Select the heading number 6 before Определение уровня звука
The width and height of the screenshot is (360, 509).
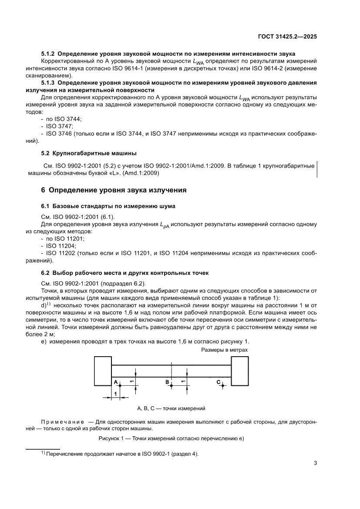tap(43, 190)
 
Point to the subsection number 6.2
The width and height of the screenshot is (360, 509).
tap(46, 273)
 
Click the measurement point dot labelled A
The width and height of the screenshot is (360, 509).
tap(116, 385)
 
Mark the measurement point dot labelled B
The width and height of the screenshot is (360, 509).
tap(172, 385)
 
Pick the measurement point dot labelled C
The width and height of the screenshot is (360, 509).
tap(222, 385)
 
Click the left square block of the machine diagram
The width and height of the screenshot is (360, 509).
tap(103, 371)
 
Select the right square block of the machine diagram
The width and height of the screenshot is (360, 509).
tap(241, 371)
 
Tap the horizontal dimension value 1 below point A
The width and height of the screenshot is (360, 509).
tap(115, 394)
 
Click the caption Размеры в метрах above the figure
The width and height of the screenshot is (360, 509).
tap(225, 350)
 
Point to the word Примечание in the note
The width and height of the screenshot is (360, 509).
tap(62, 422)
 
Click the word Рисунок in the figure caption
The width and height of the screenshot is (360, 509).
tap(111, 438)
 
